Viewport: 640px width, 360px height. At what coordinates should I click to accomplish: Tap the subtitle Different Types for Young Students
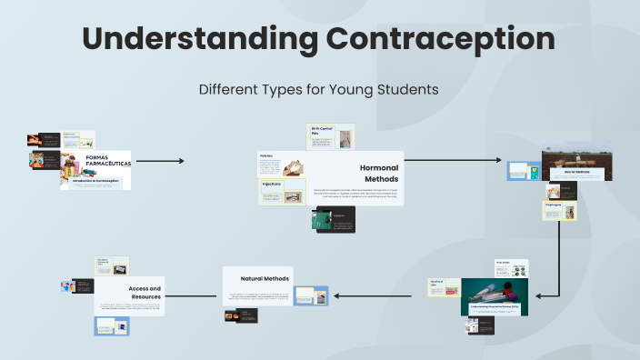pos(319,89)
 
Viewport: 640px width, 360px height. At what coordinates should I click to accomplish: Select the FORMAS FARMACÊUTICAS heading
pos(107,161)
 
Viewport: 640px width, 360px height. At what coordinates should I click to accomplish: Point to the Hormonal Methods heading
pos(380,173)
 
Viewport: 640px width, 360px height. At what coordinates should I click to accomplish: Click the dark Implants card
pos(335,220)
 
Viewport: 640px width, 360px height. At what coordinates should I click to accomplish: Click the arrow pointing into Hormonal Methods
pos(160,161)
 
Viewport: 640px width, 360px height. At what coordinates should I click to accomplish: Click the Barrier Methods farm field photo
pos(577,164)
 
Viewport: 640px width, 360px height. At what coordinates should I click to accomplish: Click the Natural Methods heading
pos(265,278)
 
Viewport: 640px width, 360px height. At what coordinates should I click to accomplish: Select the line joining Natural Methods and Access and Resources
pos(194,295)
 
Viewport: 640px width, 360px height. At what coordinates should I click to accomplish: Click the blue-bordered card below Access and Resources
pos(112,326)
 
